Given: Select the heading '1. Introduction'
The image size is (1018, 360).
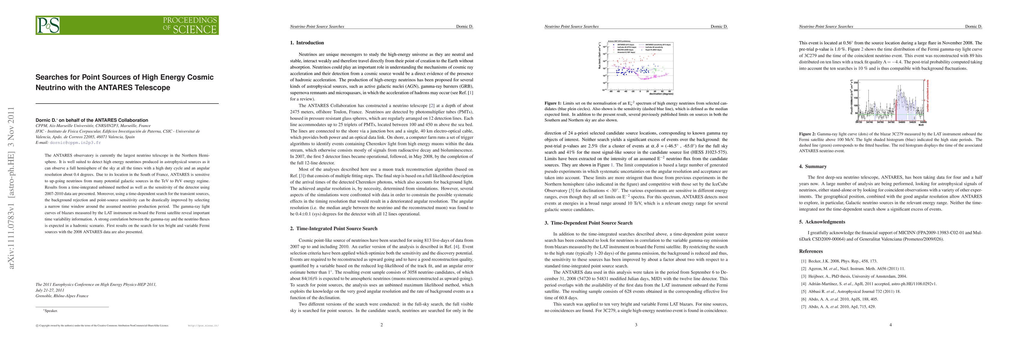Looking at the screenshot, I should click(307, 43).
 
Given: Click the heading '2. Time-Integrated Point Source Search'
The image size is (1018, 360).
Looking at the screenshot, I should click(333, 228).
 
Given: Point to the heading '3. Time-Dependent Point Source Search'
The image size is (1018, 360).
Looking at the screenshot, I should click(588, 223).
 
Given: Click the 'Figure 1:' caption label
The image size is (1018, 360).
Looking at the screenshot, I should click(553, 103).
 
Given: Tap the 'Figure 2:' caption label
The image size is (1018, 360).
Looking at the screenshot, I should click(807, 134).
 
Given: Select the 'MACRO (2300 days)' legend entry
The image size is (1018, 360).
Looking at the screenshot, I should click(624, 50).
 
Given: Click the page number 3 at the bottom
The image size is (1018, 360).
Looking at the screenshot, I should click(636, 325).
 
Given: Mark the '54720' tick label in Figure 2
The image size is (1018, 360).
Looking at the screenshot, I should click(859, 122).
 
